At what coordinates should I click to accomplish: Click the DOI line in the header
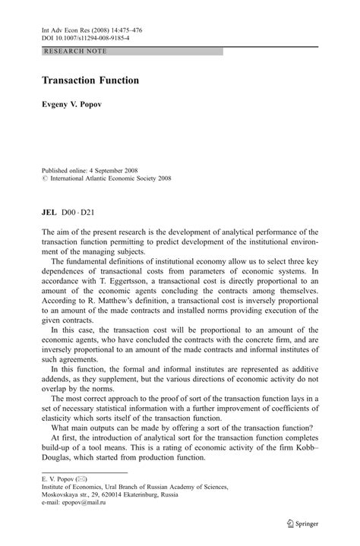coord(86,36)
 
